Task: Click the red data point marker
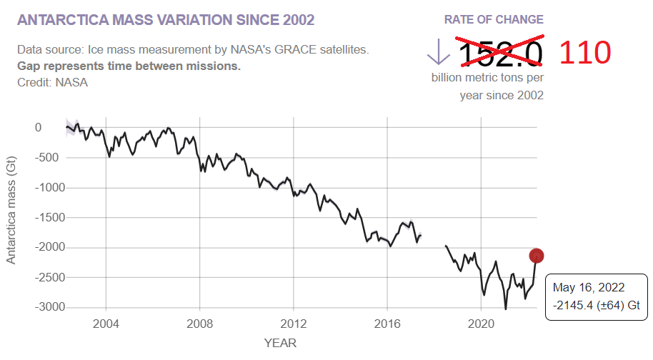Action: pos(537,256)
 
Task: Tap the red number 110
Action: pos(584,54)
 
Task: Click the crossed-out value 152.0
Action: pos(500,54)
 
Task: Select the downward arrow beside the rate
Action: pos(436,52)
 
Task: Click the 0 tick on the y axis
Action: pos(39,128)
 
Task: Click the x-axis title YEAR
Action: pos(280,343)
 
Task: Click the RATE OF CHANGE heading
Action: pos(494,19)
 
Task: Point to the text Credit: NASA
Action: pos(52,82)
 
